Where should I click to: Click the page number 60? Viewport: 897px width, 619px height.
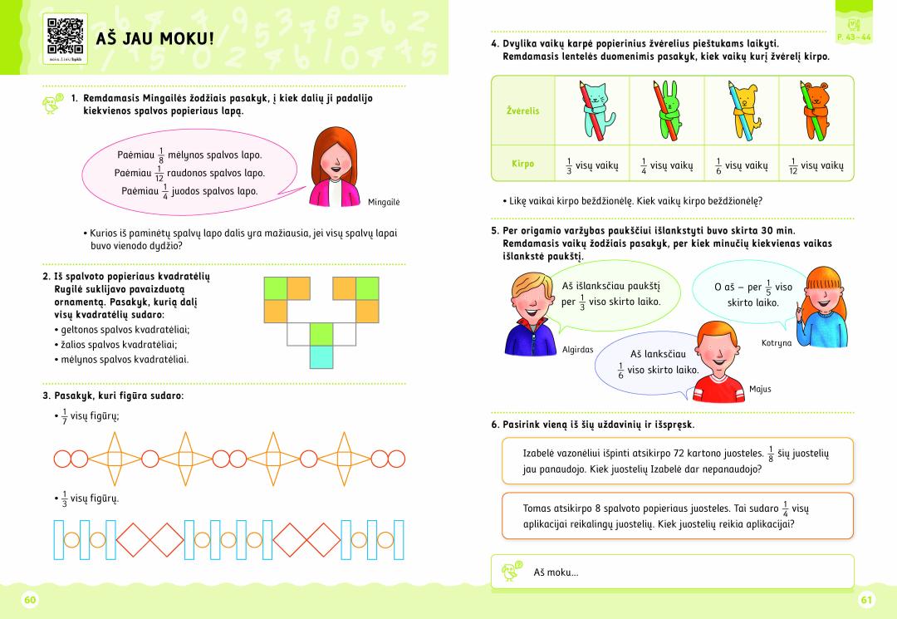[x=32, y=600]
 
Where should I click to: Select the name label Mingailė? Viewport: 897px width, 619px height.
[x=384, y=202]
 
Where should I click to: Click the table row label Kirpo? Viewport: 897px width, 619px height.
[x=522, y=165]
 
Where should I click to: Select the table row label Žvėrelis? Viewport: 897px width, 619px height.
[x=523, y=111]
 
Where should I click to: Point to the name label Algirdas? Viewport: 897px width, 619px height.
[x=577, y=350]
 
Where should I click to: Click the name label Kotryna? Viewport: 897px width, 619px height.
[x=777, y=342]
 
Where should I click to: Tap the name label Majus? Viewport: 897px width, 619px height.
[x=760, y=389]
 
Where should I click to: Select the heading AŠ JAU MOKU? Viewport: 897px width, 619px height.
[x=154, y=38]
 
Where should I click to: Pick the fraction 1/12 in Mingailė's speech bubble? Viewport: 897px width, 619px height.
[x=159, y=174]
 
